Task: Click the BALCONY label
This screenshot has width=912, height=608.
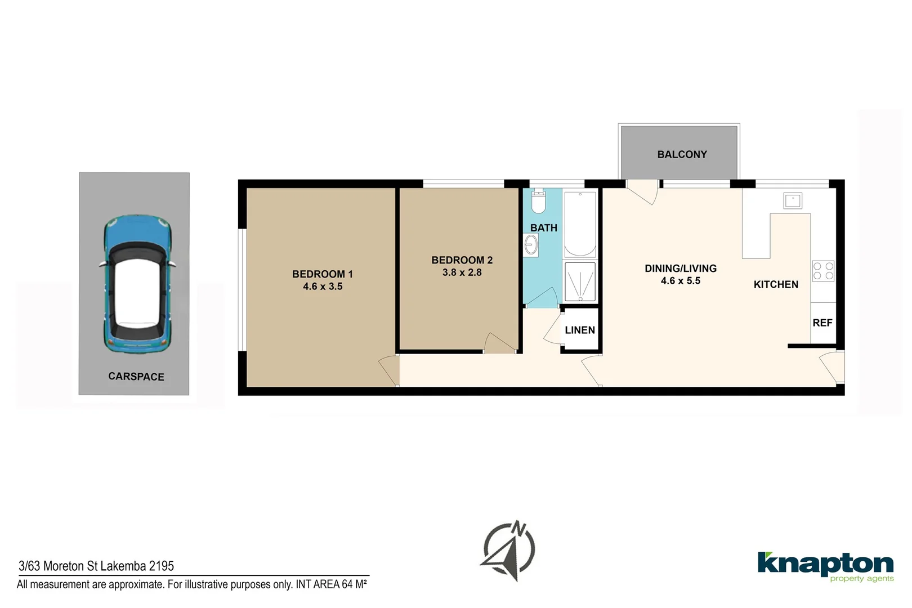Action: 682,154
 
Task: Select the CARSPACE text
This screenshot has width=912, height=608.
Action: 136,377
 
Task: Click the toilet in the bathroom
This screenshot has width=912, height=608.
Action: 539,202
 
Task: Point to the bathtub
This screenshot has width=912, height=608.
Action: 580,224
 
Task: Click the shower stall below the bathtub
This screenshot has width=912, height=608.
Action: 580,281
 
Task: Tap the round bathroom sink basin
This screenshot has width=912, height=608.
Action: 531,245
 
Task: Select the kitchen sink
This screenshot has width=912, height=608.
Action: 793,200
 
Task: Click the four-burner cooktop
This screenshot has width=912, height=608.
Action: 822,271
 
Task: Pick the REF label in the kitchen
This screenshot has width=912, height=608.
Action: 822,323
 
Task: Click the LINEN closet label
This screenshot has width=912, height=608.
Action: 580,330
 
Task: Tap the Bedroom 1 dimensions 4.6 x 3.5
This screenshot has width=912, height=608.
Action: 323,287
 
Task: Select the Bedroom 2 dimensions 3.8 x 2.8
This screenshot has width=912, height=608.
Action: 462,272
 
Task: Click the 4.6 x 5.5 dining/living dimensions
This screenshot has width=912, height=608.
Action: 681,281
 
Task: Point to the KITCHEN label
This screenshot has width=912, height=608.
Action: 776,284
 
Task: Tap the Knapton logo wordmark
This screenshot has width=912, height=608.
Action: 825,564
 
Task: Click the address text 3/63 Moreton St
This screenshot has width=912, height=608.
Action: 96,566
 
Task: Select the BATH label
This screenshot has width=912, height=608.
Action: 544,228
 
